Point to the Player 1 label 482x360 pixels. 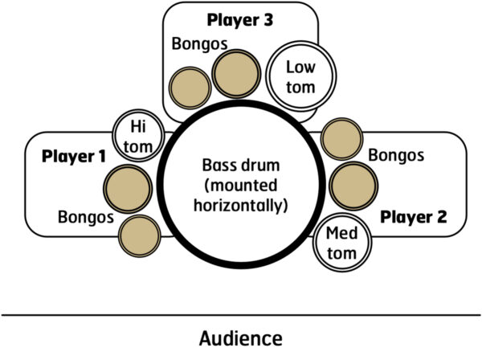tap(76, 156)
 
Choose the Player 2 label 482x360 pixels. tap(412, 216)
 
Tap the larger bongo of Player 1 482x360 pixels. tap(127, 186)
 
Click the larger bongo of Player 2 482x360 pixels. tap(353, 185)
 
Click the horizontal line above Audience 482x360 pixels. tap(240, 314)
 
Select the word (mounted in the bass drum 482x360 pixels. tap(241, 186)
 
